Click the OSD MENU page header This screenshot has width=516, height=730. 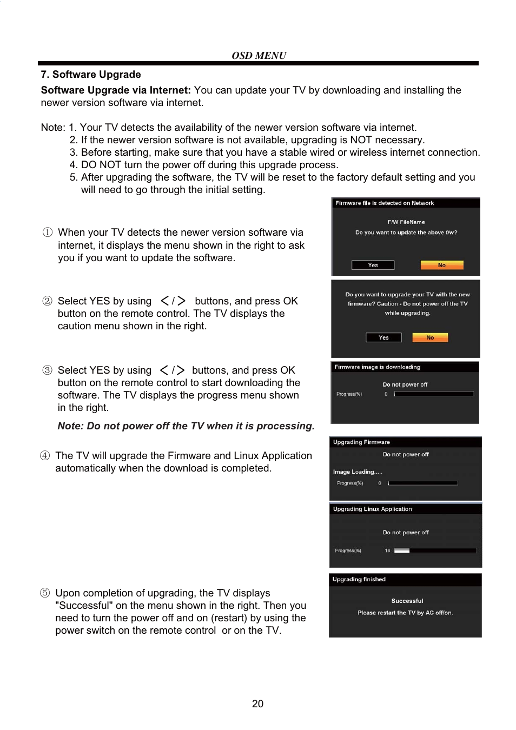click(x=259, y=55)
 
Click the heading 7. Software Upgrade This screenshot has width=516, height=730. click(x=91, y=75)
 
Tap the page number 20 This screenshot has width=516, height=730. click(x=257, y=704)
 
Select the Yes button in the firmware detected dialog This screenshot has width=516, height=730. click(x=373, y=265)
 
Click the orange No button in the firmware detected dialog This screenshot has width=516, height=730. click(x=442, y=265)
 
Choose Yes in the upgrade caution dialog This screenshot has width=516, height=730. click(x=383, y=337)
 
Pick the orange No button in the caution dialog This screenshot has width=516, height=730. click(x=430, y=337)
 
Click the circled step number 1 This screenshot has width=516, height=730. click(x=48, y=233)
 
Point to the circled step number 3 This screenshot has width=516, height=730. click(x=48, y=370)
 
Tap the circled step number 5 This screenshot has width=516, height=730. click(x=45, y=593)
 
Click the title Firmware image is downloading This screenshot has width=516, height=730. click(x=377, y=367)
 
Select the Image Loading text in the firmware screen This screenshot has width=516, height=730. click(x=358, y=472)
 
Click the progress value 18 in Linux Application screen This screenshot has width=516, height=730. click(x=387, y=550)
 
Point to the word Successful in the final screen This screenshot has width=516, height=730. click(x=407, y=601)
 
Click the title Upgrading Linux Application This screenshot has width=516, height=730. click(x=372, y=509)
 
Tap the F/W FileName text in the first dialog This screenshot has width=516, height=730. click(x=406, y=222)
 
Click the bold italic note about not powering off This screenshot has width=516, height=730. click(x=186, y=426)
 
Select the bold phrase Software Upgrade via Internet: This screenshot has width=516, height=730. click(x=116, y=90)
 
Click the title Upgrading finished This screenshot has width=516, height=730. click(x=359, y=580)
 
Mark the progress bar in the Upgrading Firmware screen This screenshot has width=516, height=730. click(x=422, y=483)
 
